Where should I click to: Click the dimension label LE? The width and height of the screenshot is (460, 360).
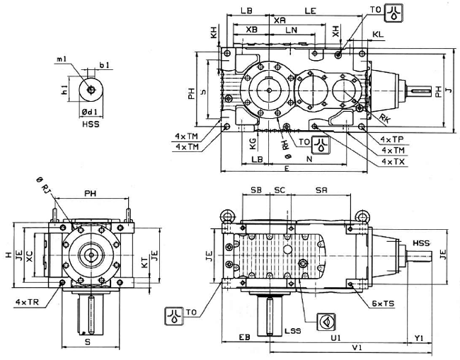click(309, 11)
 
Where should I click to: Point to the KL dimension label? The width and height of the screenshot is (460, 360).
click(378, 33)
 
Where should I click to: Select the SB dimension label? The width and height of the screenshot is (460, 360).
click(256, 191)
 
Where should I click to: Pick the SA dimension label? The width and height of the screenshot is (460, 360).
click(321, 191)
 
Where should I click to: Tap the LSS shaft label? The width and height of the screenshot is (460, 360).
click(291, 330)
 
